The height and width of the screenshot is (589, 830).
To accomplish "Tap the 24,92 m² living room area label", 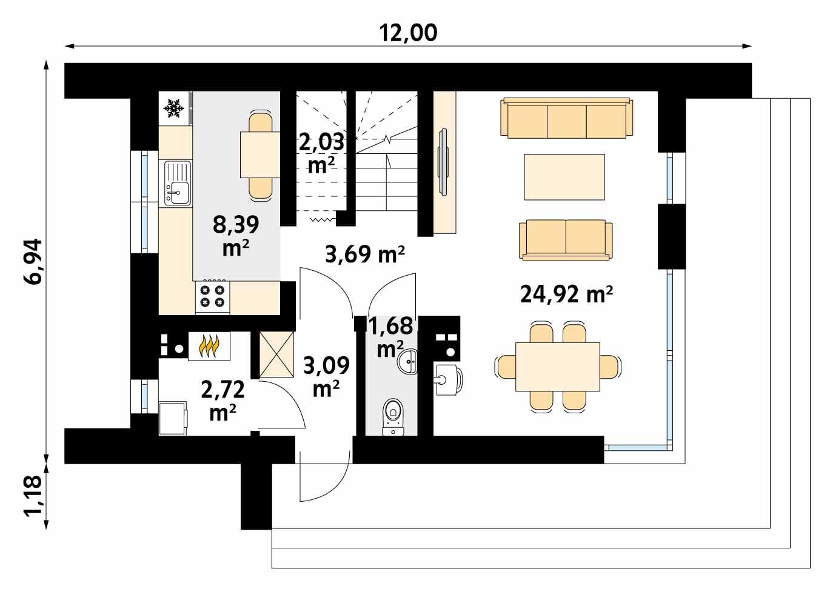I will (566, 294).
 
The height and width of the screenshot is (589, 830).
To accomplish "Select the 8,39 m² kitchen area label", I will (236, 235).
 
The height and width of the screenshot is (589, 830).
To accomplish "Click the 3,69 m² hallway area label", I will (365, 255).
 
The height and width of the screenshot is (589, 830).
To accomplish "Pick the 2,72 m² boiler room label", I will (223, 400).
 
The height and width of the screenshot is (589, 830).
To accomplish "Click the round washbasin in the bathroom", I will (407, 362).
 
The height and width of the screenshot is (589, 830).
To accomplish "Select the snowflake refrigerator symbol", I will (174, 108).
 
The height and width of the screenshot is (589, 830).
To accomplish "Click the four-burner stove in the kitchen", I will (212, 296).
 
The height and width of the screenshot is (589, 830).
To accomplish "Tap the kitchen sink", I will (176, 183).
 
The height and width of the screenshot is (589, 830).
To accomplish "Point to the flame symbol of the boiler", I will (209, 347).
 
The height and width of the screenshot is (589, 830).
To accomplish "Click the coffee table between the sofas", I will (564, 176).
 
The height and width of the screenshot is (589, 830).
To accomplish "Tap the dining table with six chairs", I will (558, 367).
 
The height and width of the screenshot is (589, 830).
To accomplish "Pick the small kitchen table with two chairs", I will (259, 155).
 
